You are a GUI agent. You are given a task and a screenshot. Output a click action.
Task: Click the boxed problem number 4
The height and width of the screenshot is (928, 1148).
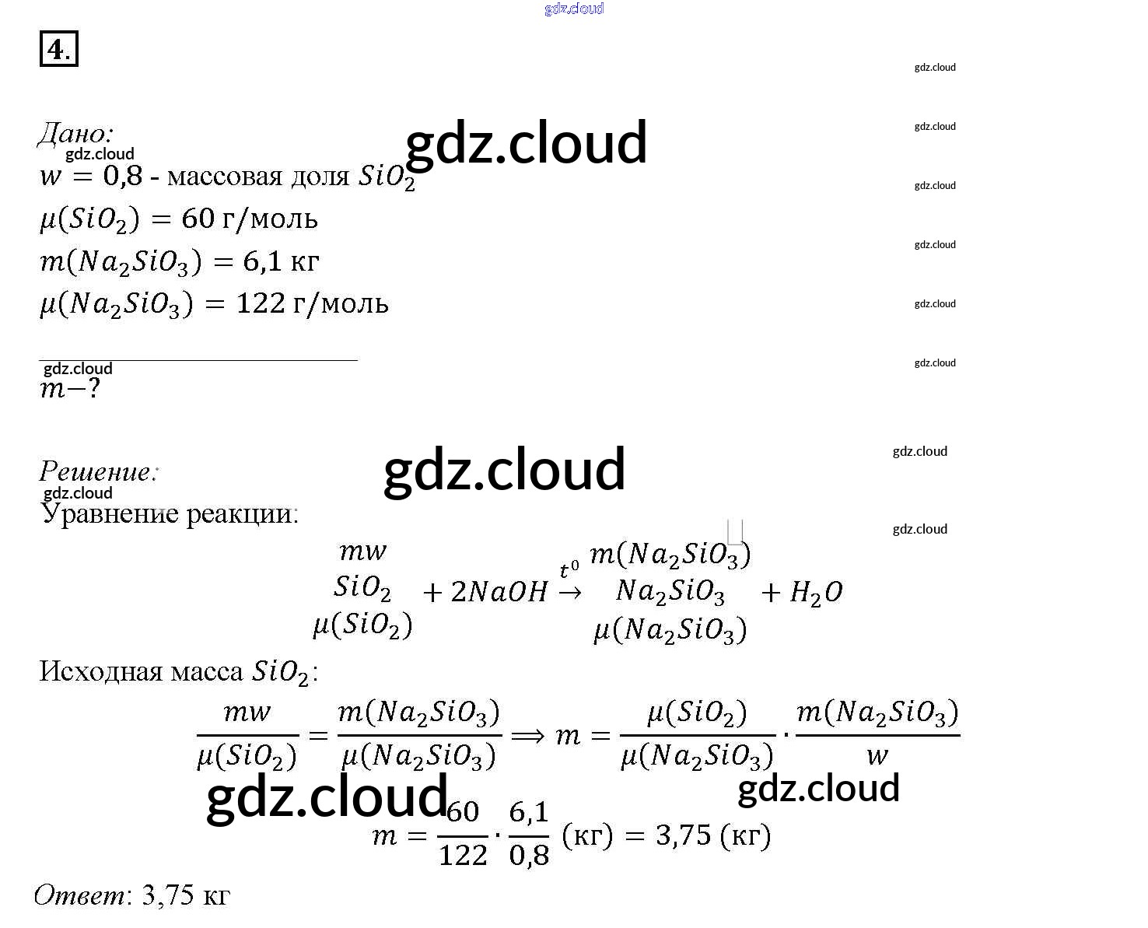click(x=58, y=49)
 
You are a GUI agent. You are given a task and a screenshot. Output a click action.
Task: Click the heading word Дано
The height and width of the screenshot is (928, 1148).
click(x=75, y=134)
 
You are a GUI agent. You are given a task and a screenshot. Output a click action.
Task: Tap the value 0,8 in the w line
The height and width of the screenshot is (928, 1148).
click(x=123, y=176)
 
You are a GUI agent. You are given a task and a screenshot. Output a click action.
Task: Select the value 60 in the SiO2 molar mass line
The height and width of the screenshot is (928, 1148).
click(x=198, y=219)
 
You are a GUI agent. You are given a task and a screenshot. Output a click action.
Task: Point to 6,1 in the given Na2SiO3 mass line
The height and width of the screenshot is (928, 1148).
click(x=261, y=261)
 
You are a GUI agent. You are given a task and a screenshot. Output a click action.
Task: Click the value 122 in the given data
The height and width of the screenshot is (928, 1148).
click(x=261, y=303)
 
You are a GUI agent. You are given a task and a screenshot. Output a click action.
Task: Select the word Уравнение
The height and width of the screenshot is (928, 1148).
click(x=109, y=513)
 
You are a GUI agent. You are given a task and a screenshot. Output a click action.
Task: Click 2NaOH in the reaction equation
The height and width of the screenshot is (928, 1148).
click(x=499, y=593)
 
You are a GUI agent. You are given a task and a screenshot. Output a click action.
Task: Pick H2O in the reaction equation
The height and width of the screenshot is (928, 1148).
click(x=816, y=594)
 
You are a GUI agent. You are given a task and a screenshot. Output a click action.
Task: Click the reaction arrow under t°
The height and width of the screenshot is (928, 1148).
click(x=570, y=593)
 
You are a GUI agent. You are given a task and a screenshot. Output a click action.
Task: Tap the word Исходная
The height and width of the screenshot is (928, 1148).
click(x=100, y=671)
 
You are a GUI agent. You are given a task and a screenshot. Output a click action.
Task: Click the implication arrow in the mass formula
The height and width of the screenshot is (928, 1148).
click(x=528, y=736)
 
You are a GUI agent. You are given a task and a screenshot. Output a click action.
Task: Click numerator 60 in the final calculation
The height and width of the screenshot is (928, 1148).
click(x=463, y=812)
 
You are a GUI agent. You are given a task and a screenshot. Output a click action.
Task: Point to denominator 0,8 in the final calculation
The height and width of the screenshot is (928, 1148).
click(x=529, y=856)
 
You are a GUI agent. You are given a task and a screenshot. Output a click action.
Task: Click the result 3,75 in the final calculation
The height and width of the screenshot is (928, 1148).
click(x=684, y=835)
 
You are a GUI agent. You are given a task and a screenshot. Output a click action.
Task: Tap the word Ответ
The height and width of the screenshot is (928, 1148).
click(x=79, y=895)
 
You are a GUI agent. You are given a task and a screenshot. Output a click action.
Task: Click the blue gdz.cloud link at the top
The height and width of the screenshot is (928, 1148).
click(x=574, y=9)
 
